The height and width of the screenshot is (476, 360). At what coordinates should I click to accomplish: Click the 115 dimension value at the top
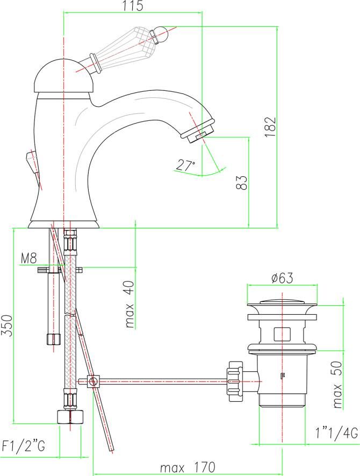tap(133, 6)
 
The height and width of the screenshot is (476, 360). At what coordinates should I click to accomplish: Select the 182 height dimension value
tap(270, 127)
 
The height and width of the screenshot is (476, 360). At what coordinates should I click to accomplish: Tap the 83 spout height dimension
tap(242, 183)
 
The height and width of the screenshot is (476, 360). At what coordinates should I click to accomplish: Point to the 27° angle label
tap(185, 165)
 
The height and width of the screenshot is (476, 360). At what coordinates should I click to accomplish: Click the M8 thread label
tap(29, 258)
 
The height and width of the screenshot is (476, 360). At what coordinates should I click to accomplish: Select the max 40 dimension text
tap(129, 304)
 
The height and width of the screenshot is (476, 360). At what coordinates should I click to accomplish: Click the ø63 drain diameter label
tap(282, 278)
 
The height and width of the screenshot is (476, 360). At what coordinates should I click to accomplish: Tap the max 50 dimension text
tap(337, 384)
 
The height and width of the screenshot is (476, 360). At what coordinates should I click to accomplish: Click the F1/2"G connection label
tap(24, 446)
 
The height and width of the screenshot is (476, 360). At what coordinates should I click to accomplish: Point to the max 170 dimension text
tap(188, 467)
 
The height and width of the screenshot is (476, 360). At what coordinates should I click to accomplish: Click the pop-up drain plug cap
tap(282, 305)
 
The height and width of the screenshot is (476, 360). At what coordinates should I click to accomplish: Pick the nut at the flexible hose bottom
tap(70, 417)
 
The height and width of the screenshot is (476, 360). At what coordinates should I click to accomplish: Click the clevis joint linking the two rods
tap(93, 381)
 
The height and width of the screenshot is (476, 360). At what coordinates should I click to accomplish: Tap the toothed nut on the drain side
tap(235, 381)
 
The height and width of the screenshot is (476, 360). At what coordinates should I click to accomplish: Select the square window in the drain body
tap(282, 334)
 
